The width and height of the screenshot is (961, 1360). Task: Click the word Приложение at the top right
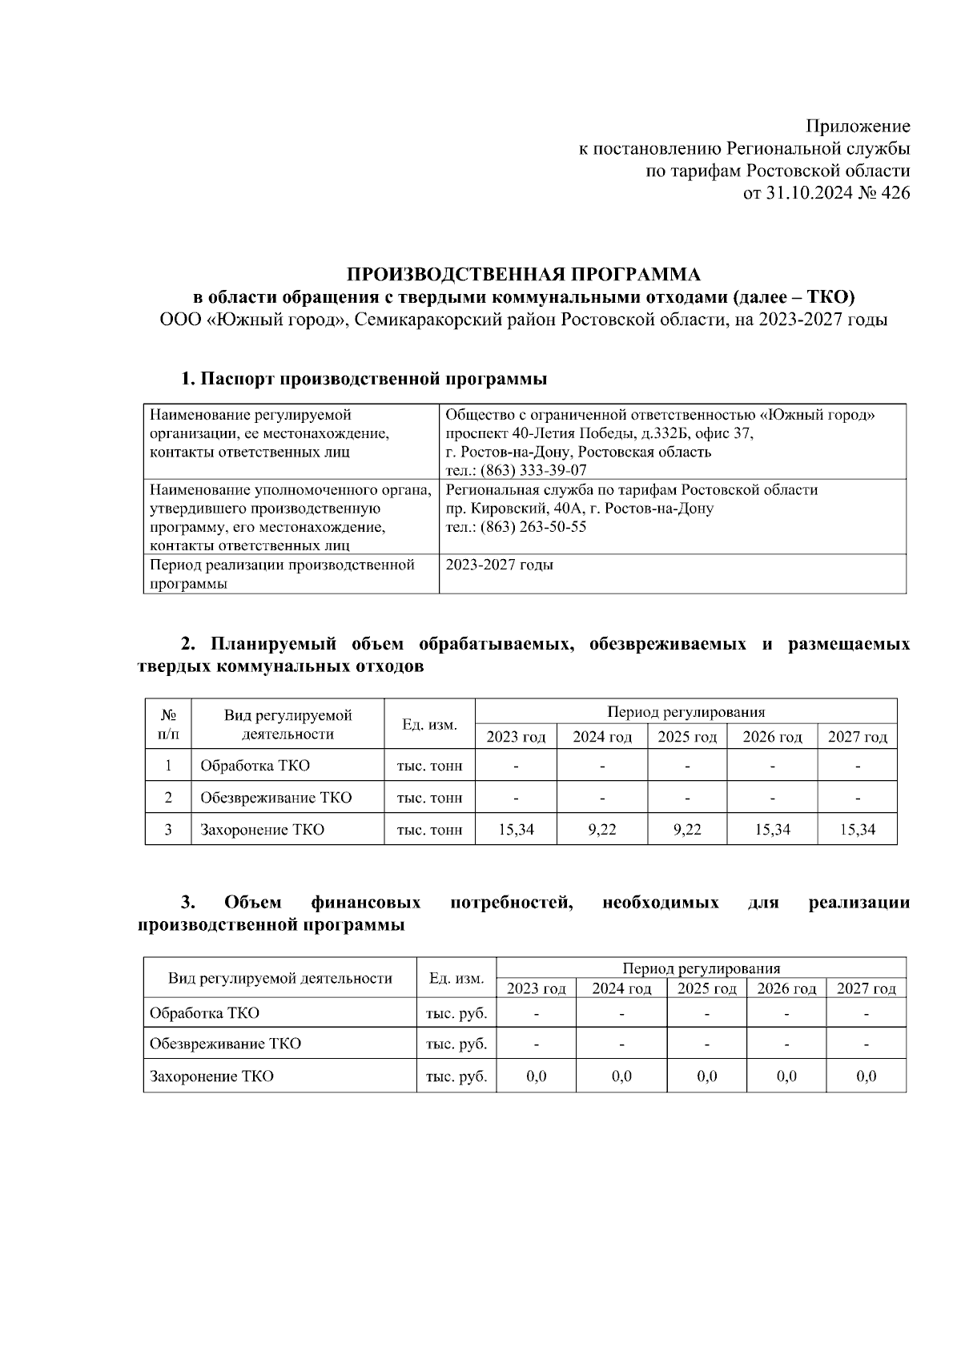(x=858, y=127)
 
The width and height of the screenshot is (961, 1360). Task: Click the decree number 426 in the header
(x=895, y=193)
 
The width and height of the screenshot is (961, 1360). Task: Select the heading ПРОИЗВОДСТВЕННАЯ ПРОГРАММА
(x=523, y=275)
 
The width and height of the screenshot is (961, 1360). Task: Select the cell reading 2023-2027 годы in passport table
(x=499, y=565)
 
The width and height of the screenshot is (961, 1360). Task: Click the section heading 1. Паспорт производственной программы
(x=364, y=379)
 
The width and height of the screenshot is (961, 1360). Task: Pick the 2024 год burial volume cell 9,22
(x=602, y=830)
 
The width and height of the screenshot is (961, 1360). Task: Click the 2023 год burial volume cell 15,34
(x=516, y=830)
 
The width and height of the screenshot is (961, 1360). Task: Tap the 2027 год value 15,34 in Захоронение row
(x=857, y=830)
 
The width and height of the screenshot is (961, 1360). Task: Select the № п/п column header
(x=168, y=723)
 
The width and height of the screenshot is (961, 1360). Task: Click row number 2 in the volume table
(x=168, y=798)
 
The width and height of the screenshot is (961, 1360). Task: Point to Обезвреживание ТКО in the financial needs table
(x=225, y=1044)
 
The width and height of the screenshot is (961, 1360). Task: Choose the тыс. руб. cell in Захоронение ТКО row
(x=456, y=1076)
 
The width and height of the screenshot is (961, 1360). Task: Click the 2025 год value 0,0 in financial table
(x=706, y=1076)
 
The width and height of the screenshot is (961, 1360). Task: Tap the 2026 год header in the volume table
(x=772, y=737)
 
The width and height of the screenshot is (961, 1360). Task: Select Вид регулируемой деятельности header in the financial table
(x=279, y=978)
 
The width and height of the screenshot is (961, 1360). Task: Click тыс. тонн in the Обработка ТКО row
(x=429, y=766)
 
